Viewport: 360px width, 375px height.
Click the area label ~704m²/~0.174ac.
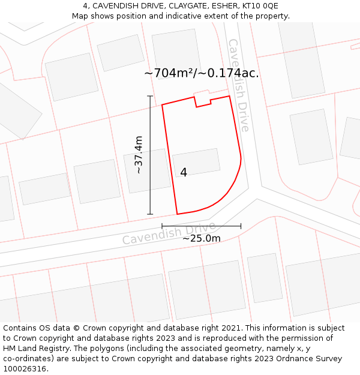[202, 73]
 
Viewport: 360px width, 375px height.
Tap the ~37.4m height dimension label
[139, 155]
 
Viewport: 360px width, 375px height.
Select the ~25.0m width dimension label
[202, 238]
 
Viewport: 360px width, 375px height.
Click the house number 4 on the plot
[184, 172]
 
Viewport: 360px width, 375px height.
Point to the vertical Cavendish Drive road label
[238, 85]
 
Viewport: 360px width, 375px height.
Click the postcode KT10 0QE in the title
[260, 5]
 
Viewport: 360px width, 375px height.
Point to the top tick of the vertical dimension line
[150, 96]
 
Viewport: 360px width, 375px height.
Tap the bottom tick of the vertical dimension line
[150, 214]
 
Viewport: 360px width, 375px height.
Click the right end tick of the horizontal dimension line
[241, 226]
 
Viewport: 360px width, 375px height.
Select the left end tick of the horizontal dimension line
[162, 226]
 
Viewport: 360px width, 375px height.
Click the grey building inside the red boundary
[196, 162]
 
